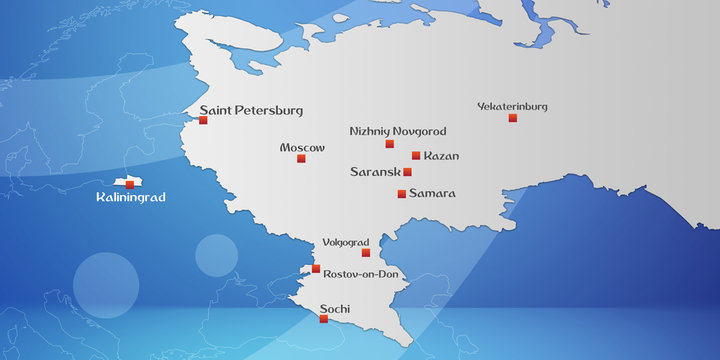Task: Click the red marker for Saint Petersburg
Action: (x=203, y=120)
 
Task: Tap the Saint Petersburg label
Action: (x=251, y=110)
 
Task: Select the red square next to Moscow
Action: (x=301, y=158)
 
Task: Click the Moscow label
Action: (x=302, y=147)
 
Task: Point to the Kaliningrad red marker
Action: (x=129, y=184)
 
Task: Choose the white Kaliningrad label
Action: (x=130, y=198)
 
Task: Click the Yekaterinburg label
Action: (x=512, y=106)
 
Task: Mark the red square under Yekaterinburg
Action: (x=513, y=118)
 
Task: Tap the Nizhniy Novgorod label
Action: (x=398, y=131)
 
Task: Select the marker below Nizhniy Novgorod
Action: (x=389, y=144)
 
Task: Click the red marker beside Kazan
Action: (x=416, y=156)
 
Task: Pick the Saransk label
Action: (x=375, y=172)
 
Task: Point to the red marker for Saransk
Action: (x=407, y=172)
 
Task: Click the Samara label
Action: (x=432, y=193)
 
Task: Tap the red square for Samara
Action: (x=401, y=194)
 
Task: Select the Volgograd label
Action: (x=346, y=242)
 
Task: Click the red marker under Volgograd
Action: (x=365, y=253)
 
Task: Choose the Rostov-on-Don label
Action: (x=361, y=273)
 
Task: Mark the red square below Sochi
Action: (x=323, y=320)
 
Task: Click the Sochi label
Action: (x=333, y=308)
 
